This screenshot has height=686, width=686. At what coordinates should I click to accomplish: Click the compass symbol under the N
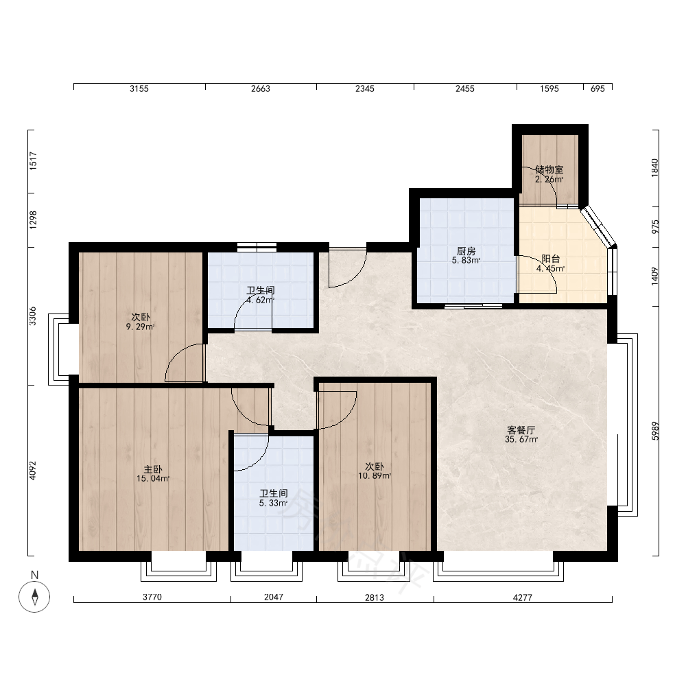34,596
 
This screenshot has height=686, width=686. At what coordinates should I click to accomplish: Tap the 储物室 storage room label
549,169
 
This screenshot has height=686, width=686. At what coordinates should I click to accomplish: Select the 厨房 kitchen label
466,251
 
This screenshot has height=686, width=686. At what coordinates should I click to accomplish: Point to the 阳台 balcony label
550,259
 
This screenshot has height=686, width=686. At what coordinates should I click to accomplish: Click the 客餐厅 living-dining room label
521,430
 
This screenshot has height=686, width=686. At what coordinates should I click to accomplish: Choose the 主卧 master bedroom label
153,469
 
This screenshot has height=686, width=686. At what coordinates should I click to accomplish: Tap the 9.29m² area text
141,327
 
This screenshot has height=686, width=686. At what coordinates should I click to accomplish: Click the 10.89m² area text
375,476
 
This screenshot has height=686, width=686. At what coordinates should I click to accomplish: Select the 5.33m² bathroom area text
274,503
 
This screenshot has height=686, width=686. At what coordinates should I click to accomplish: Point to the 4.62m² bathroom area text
260,300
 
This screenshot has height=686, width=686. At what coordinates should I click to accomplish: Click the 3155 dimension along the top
139,88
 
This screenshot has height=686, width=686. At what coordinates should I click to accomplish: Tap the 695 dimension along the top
598,88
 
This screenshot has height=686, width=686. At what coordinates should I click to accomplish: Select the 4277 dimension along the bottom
522,598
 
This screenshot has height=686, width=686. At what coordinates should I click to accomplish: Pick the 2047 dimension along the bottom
274,597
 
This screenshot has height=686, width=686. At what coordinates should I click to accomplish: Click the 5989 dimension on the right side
655,431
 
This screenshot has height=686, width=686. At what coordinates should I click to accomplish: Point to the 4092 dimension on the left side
33,471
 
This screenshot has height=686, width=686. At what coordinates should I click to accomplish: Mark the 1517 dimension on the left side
33,161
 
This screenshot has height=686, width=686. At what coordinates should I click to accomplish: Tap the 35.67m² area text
521,439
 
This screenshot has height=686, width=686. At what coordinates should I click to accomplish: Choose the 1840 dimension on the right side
655,167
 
